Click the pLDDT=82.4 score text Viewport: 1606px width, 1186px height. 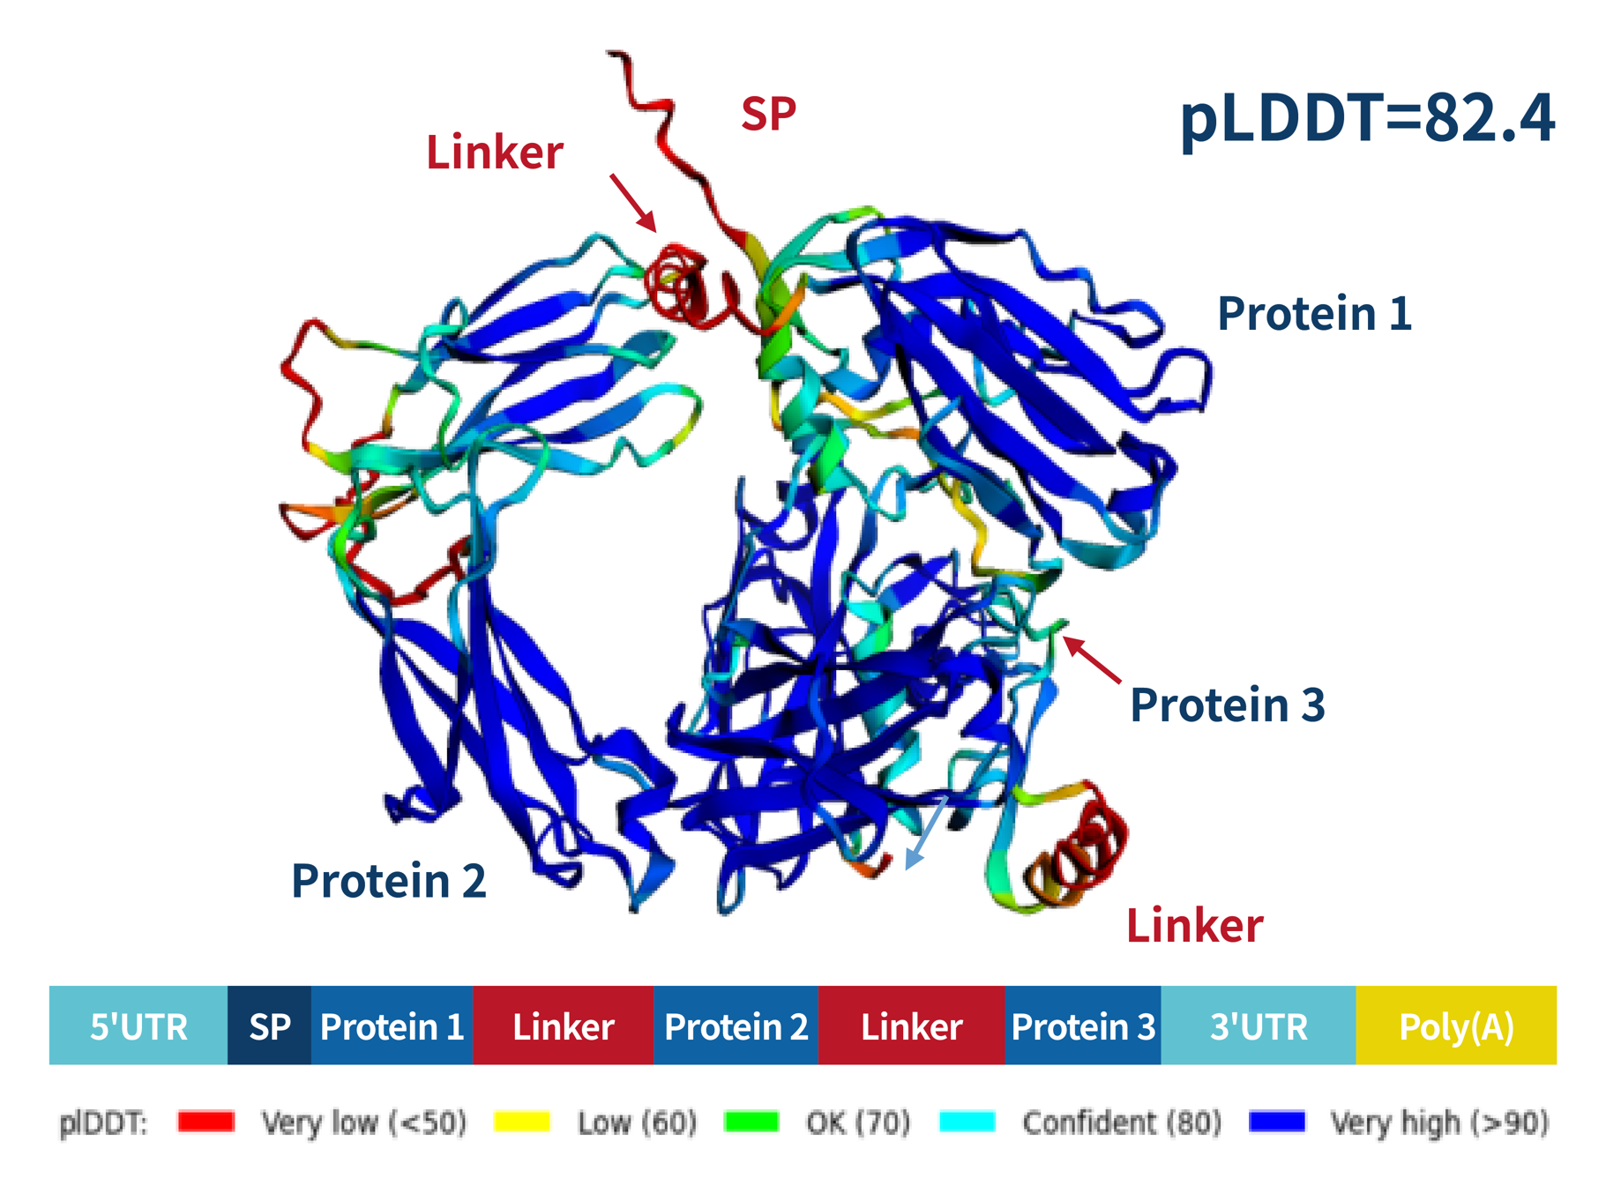pyautogui.click(x=1366, y=119)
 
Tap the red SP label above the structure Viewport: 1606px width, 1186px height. pyautogui.click(x=768, y=114)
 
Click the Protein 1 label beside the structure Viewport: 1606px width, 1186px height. pyautogui.click(x=1314, y=313)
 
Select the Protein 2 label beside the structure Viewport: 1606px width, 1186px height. pyautogui.click(x=388, y=880)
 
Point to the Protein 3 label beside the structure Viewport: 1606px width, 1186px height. pyautogui.click(x=1227, y=705)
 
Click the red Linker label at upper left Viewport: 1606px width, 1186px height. pyautogui.click(x=494, y=153)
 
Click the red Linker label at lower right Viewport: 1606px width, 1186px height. pyautogui.click(x=1194, y=926)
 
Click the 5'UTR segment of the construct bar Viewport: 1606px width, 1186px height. pyautogui.click(x=138, y=1026)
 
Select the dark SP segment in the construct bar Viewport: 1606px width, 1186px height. pyautogui.click(x=269, y=1026)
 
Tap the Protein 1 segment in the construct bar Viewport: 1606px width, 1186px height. pyautogui.click(x=392, y=1026)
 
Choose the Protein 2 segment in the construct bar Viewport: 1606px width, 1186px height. pyautogui.click(x=736, y=1026)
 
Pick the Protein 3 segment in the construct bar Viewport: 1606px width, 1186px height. pyautogui.click(x=1082, y=1026)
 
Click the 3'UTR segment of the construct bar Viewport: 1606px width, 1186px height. pyautogui.click(x=1258, y=1026)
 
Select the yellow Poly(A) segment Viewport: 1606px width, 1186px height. pyautogui.click(x=1456, y=1026)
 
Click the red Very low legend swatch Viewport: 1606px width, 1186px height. pyautogui.click(x=205, y=1122)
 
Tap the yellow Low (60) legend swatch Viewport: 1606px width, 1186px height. pyautogui.click(x=522, y=1122)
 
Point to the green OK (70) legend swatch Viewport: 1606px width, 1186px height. pyautogui.click(x=751, y=1122)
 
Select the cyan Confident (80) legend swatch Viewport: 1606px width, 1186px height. pyautogui.click(x=967, y=1122)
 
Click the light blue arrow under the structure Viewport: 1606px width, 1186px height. pyautogui.click(x=927, y=832)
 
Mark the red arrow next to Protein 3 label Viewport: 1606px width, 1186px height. pyautogui.click(x=1092, y=660)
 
